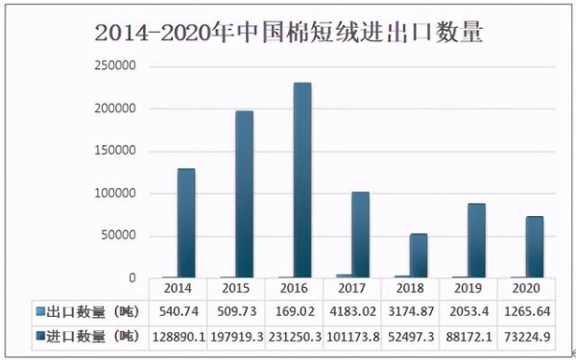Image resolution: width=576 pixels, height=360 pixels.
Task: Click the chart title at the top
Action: pos(288,32)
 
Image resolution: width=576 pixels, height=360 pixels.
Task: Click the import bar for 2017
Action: pos(360,235)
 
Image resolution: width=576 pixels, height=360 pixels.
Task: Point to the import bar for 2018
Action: pos(418,255)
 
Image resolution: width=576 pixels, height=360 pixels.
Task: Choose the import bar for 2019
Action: pos(476,241)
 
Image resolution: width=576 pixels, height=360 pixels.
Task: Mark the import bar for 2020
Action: pos(535,247)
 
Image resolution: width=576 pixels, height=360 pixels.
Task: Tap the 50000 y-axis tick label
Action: pos(122,235)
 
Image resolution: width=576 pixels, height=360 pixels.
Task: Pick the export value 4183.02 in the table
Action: pos(351,312)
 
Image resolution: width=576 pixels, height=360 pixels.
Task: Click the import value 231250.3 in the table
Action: pos(294,337)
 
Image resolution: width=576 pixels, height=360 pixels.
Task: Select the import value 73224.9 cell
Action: pos(526,337)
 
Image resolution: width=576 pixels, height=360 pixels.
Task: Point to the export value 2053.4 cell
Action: pos(468,312)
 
